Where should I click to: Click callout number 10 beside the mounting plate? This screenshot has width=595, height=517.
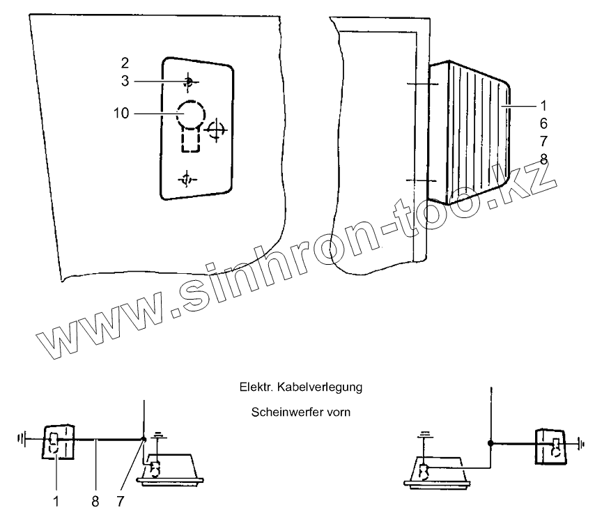point(121,113)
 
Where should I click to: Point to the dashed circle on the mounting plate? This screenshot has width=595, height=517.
point(191,112)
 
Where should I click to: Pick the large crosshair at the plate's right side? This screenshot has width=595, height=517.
point(216,129)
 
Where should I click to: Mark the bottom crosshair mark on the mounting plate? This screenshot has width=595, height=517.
point(187,180)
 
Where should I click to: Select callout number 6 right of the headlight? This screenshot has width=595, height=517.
point(543,123)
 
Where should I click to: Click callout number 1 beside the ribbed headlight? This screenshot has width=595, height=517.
point(543,106)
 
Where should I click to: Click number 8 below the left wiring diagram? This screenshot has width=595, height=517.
point(95,500)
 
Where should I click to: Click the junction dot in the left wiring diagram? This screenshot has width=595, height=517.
point(144,440)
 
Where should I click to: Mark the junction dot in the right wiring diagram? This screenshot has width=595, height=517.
point(491,442)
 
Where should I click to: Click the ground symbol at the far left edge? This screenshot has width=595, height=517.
point(23,440)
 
